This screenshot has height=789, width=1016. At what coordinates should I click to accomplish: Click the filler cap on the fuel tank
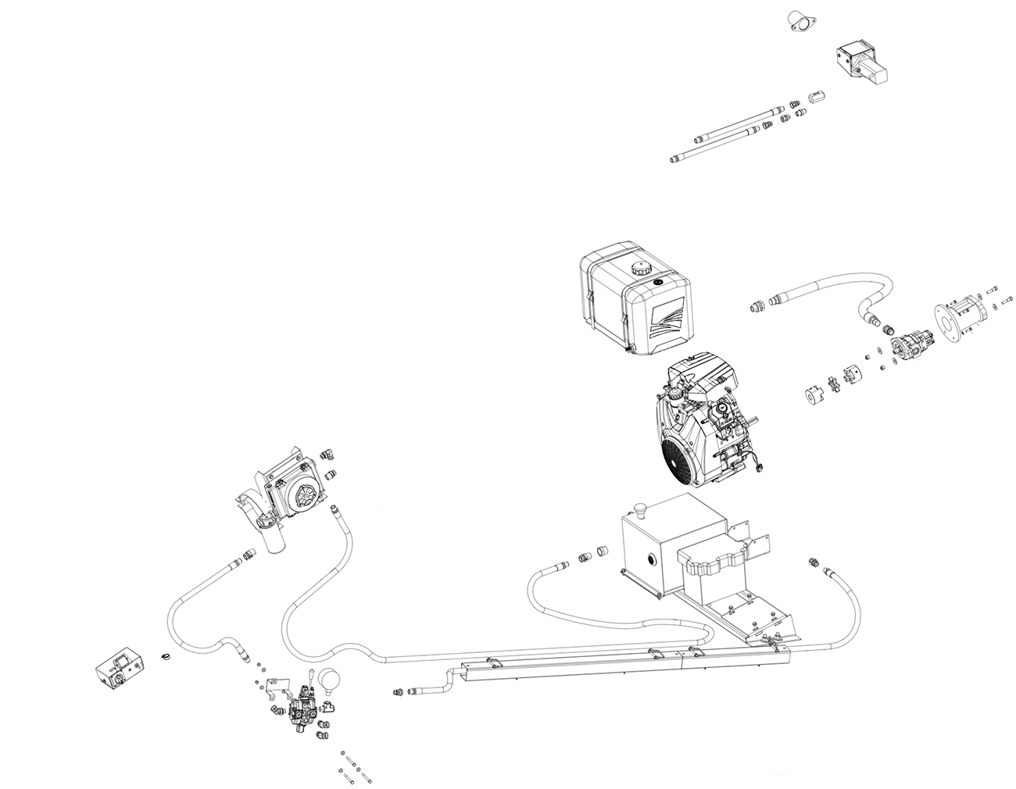tap(639, 270)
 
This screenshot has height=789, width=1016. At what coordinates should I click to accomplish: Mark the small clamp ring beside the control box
tap(165, 656)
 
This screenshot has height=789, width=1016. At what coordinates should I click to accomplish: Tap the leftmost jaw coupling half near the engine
tap(817, 392)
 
